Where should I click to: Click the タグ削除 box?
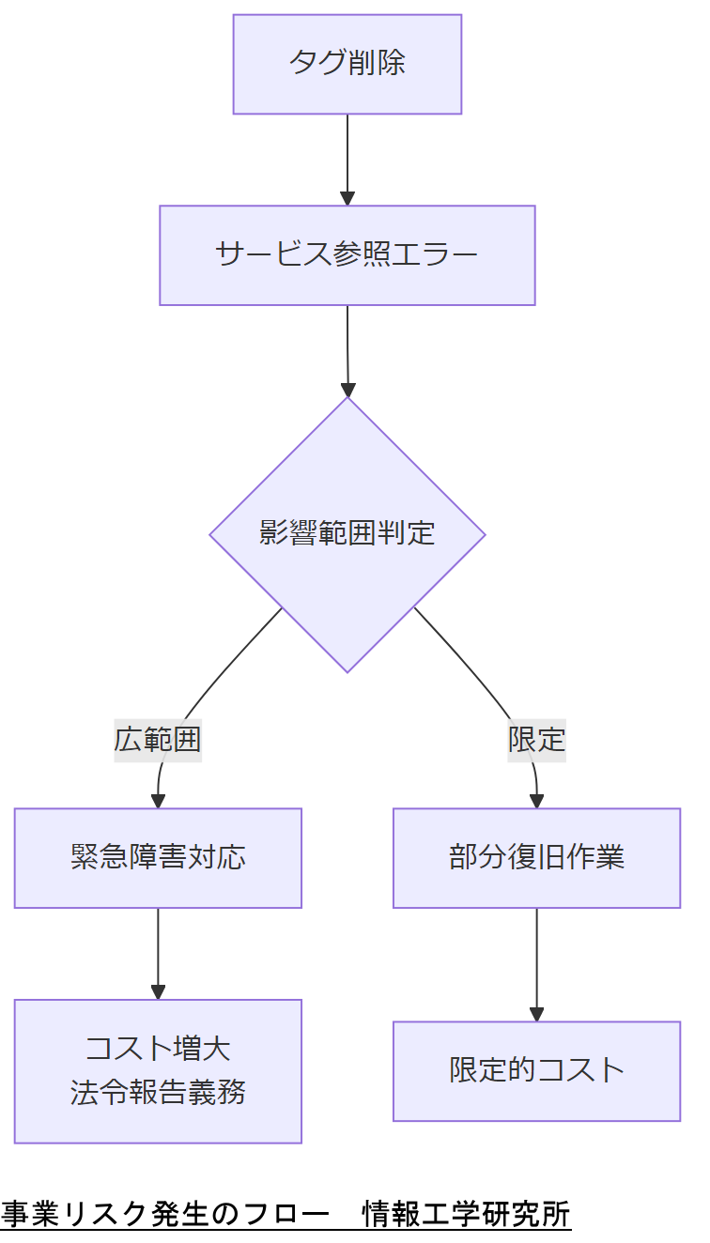tap(347, 64)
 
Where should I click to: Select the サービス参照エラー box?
tap(347, 255)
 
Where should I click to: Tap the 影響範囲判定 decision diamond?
tap(347, 533)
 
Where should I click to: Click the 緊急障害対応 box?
tap(158, 857)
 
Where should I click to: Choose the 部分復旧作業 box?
tap(536, 857)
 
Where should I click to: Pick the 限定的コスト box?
tap(536, 1070)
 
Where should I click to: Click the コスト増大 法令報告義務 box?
tap(158, 1070)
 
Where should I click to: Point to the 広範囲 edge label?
tap(158, 740)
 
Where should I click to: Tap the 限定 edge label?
tap(536, 740)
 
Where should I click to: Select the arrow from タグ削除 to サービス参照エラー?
tap(347, 155)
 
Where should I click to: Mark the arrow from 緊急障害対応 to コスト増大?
tap(158, 948)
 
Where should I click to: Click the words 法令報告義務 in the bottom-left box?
tap(158, 1093)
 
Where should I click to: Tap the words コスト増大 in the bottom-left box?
tap(158, 1048)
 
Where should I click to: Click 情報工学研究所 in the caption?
tap(467, 1214)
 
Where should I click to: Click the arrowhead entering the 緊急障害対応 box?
tap(158, 801)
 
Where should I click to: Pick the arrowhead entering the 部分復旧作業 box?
tap(536, 801)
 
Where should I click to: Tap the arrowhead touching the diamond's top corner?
tap(347, 390)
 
